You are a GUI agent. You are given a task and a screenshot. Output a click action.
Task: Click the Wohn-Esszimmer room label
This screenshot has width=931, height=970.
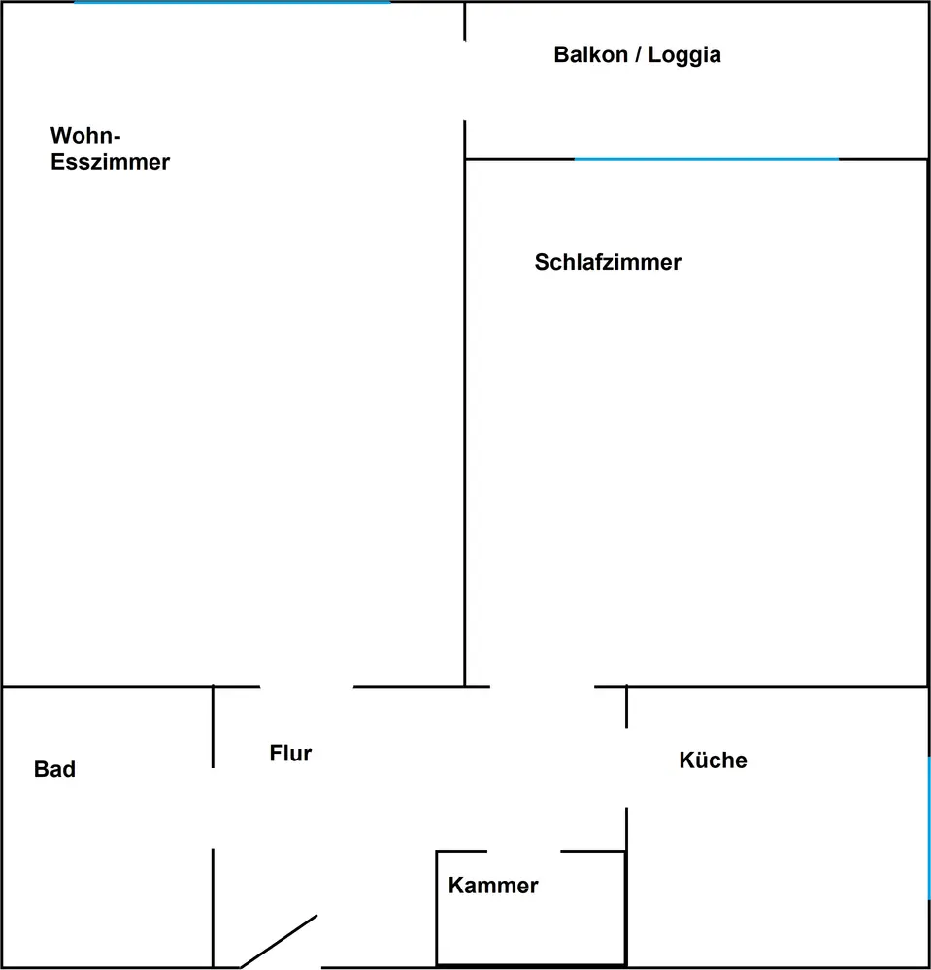point(110,148)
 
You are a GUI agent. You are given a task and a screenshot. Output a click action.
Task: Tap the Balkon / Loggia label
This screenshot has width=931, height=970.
point(637,54)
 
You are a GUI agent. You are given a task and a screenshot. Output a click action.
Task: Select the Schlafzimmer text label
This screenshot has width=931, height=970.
point(608,262)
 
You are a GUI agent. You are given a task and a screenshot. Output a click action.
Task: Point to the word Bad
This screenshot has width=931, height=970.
point(54,769)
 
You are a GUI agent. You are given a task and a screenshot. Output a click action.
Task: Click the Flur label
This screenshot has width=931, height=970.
point(290,753)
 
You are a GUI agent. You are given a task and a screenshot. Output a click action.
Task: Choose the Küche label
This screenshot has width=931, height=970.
point(713,760)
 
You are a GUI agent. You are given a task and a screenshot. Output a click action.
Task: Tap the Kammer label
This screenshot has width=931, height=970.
point(493,885)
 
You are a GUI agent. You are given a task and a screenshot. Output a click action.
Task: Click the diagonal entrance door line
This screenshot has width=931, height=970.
point(280,940)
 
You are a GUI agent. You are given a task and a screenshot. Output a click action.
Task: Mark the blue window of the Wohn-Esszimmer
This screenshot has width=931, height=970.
point(233,3)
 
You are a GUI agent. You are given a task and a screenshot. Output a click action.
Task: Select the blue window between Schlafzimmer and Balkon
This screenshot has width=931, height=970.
point(706,159)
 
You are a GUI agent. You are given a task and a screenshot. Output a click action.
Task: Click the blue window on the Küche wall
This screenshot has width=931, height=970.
point(928,827)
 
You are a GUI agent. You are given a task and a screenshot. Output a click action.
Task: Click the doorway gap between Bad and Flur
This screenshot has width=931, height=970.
point(213,808)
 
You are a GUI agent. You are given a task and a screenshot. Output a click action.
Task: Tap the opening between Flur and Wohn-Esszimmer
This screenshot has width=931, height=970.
point(307,687)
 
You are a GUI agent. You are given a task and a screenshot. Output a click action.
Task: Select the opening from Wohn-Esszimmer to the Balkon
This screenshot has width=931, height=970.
point(465,81)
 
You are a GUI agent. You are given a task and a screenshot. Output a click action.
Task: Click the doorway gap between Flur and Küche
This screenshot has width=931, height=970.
point(626,767)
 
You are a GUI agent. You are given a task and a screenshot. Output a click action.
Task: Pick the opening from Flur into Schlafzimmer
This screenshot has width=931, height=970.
point(542,687)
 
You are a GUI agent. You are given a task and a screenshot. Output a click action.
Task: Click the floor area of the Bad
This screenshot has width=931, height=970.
point(107,854)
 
